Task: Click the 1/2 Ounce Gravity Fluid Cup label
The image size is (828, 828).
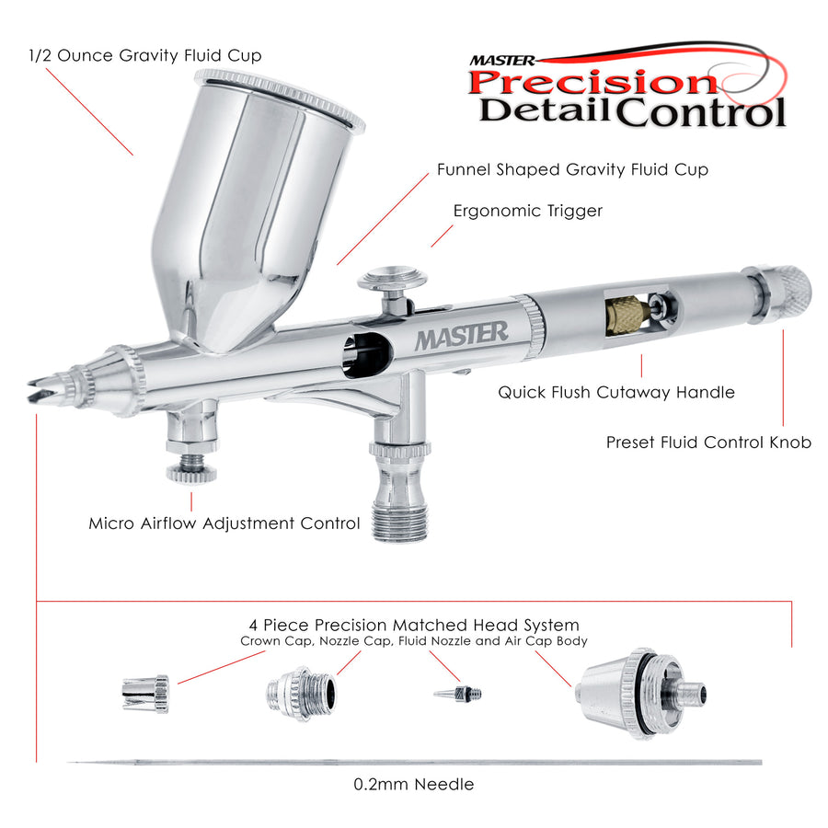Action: tap(144, 55)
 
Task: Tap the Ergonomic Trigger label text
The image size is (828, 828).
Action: tap(527, 211)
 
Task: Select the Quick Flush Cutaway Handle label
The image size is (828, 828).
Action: tap(616, 392)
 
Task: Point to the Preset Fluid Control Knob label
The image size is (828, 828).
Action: tap(708, 442)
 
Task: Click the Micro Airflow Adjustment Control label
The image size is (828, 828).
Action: tap(224, 523)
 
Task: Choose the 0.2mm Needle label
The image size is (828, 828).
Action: tap(413, 784)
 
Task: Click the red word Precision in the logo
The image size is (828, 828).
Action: tap(592, 83)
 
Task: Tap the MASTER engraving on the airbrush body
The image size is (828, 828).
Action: tap(462, 335)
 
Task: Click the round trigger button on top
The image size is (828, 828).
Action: tap(392, 278)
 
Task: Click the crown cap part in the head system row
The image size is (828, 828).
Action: tap(145, 694)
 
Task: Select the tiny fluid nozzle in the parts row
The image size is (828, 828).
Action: tap(458, 694)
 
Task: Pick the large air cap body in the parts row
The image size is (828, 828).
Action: tap(640, 694)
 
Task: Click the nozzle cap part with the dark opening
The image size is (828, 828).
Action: tap(301, 694)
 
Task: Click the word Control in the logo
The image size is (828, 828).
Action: tap(702, 112)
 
